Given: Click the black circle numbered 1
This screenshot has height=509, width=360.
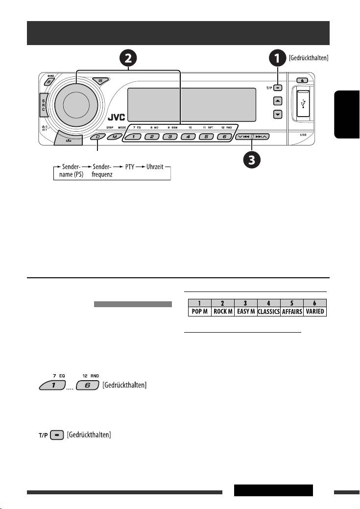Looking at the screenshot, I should [x=278, y=59].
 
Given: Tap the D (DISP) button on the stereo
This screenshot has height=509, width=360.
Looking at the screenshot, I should [x=97, y=137].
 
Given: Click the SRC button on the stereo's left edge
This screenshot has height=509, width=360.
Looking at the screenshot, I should [x=43, y=102].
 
